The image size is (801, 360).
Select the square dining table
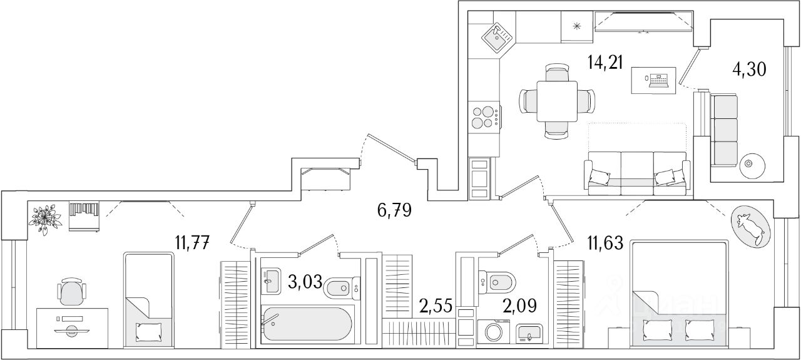tap(557, 100)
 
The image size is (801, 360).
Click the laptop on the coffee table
tap(658, 80)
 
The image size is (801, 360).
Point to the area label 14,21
tap(605, 63)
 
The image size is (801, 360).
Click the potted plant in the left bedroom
tap(45, 219)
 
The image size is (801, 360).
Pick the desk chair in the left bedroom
tap(71, 293)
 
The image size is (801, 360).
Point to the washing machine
tap(494, 332)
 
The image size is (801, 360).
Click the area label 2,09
tap(519, 306)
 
